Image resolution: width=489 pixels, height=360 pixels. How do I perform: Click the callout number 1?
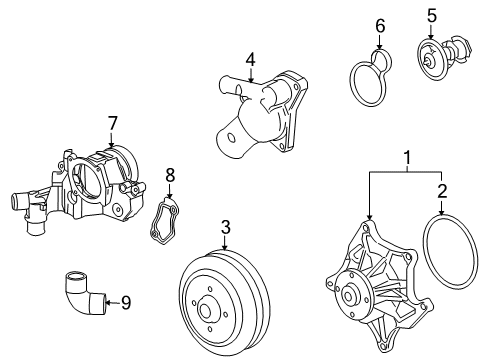pos(406,157)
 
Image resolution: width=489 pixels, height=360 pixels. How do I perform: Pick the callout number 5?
pos(432,15)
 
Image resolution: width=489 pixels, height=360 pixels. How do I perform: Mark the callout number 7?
pos(113,123)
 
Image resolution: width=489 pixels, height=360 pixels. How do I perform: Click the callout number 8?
pos(170,175)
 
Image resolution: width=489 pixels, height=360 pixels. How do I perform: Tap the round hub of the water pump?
pos(351,295)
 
